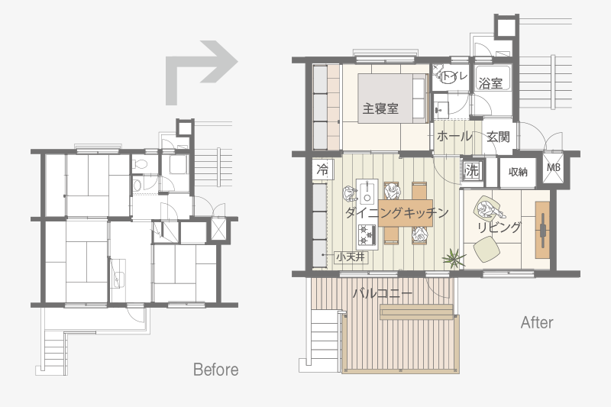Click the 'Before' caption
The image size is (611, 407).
point(216,370)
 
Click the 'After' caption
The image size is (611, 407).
point(537,322)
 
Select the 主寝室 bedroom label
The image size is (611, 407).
point(380,108)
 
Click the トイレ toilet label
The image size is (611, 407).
point(454,76)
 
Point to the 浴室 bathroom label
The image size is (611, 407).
point(490,83)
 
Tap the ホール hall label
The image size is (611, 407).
point(454,137)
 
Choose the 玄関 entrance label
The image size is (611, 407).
point(498,137)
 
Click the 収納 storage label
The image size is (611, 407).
point(518,172)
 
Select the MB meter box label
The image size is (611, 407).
point(553,167)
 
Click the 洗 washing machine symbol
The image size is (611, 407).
point(472,170)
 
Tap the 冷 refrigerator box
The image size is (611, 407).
point(322,170)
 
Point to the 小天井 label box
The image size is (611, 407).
point(351,257)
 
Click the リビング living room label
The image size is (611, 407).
point(499,227)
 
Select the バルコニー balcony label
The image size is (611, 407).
point(383,293)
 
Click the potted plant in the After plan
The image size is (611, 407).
point(453,258)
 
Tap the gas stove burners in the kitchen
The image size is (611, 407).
point(367,235)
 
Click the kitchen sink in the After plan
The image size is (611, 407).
point(367,192)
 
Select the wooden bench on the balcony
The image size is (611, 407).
point(416,312)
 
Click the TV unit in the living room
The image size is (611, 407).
point(542,230)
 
